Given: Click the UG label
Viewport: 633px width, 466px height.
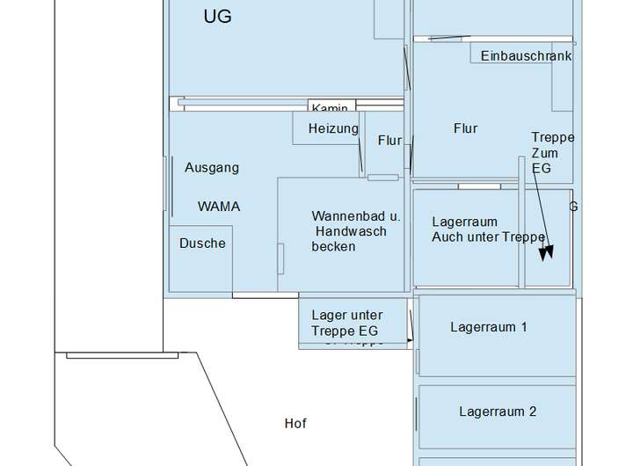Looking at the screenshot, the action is [217, 17].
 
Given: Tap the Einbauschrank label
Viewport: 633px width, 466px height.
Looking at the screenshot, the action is [526, 55].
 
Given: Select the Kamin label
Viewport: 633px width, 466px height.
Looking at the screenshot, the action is [331, 107].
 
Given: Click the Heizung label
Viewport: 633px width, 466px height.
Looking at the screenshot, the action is [333, 128].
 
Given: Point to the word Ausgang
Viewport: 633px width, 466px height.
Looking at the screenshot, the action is [211, 167].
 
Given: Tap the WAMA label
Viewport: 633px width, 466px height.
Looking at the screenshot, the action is [219, 207].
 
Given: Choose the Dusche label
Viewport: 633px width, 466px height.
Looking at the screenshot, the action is [202, 243].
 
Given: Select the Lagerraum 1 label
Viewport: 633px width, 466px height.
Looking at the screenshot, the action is [488, 327].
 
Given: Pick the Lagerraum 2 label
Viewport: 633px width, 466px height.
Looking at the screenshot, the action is [497, 411].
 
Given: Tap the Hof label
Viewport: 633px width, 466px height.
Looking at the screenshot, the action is [295, 424].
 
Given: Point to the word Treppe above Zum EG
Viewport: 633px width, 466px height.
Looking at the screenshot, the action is [553, 137].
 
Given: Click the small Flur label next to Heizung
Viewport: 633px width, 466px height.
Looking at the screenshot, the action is [389, 141].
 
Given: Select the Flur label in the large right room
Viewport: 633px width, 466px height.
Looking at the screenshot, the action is [465, 128].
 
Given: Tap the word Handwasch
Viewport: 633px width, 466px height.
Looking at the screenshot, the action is [349, 231].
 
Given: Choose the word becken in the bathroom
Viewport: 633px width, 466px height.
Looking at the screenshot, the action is [333, 247].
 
